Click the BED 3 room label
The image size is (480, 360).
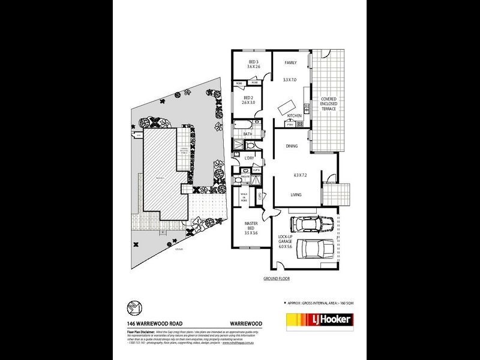[254, 62]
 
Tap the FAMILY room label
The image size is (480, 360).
[290, 62]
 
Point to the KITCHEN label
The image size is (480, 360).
[294, 115]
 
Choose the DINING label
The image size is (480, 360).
[292, 146]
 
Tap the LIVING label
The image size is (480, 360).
[296, 194]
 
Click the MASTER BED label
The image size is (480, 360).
[251, 226]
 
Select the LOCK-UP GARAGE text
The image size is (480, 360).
[284, 241]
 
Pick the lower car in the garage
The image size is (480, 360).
[317, 248]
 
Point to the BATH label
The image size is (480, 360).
[247, 134]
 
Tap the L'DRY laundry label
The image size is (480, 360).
[250, 158]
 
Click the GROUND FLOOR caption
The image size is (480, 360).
[277, 280]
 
